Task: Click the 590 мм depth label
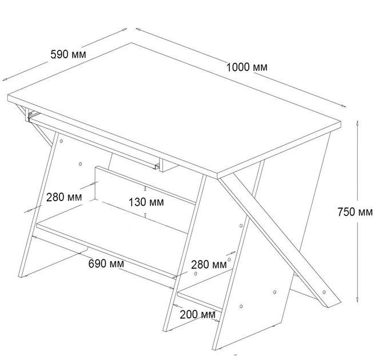click(68, 54)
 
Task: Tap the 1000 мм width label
click(247, 67)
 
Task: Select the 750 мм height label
click(355, 212)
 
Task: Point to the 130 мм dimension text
click(146, 202)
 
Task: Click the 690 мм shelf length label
click(106, 263)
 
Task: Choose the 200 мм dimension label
click(197, 314)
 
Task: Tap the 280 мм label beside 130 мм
click(64, 197)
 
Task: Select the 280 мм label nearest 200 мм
click(209, 265)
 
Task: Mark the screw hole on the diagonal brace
click(324, 292)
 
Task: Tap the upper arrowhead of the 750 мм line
click(357, 123)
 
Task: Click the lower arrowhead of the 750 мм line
click(357, 299)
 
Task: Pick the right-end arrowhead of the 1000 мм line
click(343, 106)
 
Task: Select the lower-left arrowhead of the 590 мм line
click(5, 79)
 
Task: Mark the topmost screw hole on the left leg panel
click(61, 141)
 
